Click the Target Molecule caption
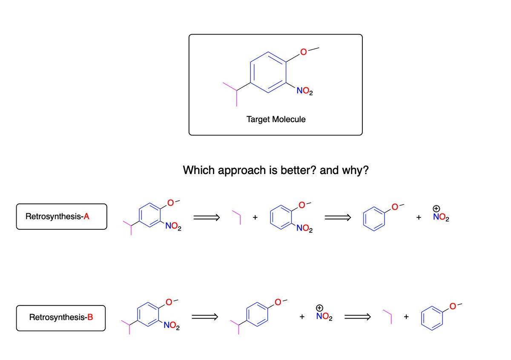pos(276,119)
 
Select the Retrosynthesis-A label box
pos(62,217)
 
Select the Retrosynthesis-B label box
pos(61,317)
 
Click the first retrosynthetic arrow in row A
pos(206,218)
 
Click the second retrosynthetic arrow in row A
pos(337,218)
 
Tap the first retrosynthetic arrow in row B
pos(204,317)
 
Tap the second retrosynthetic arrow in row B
pos(357,317)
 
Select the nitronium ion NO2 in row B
pos(325,316)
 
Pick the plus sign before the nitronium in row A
pos(419,217)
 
